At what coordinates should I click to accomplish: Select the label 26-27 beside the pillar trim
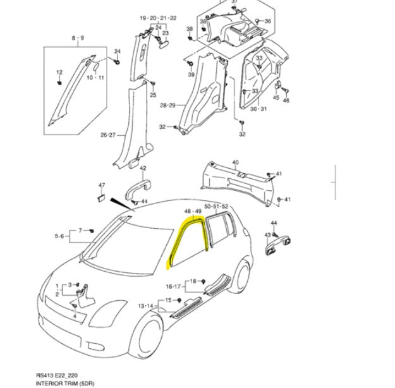coord(109,135)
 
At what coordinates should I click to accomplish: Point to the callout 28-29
coord(167,105)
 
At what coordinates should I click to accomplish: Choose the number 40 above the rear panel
coord(236,162)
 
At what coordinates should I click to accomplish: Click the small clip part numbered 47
coord(101,198)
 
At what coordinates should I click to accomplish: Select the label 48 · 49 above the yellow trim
coord(192,210)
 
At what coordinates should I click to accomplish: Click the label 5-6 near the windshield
coord(60,236)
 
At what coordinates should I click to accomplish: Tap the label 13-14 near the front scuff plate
coord(146,306)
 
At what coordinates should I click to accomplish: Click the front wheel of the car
coord(149,339)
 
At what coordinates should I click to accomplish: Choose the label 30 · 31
coord(258,109)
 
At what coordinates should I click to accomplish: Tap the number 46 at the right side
coord(286,100)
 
